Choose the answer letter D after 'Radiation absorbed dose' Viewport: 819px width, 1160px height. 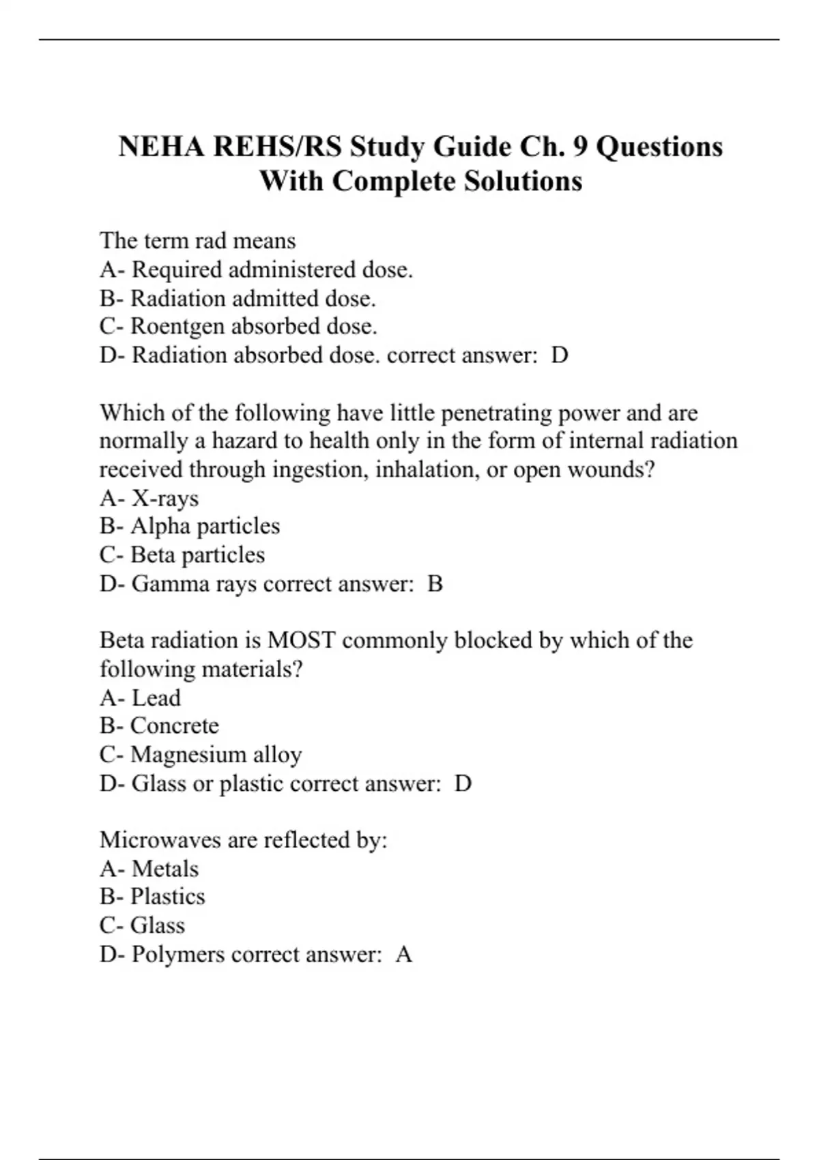[559, 356]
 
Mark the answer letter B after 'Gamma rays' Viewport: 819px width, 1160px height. [435, 584]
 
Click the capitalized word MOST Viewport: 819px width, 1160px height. [301, 640]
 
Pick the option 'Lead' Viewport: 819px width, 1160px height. [156, 698]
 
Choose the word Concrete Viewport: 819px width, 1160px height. [175, 725]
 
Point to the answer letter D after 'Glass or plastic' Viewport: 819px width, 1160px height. [463, 783]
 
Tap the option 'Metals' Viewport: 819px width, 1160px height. [164, 869]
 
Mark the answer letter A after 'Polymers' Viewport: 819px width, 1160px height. [404, 954]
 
